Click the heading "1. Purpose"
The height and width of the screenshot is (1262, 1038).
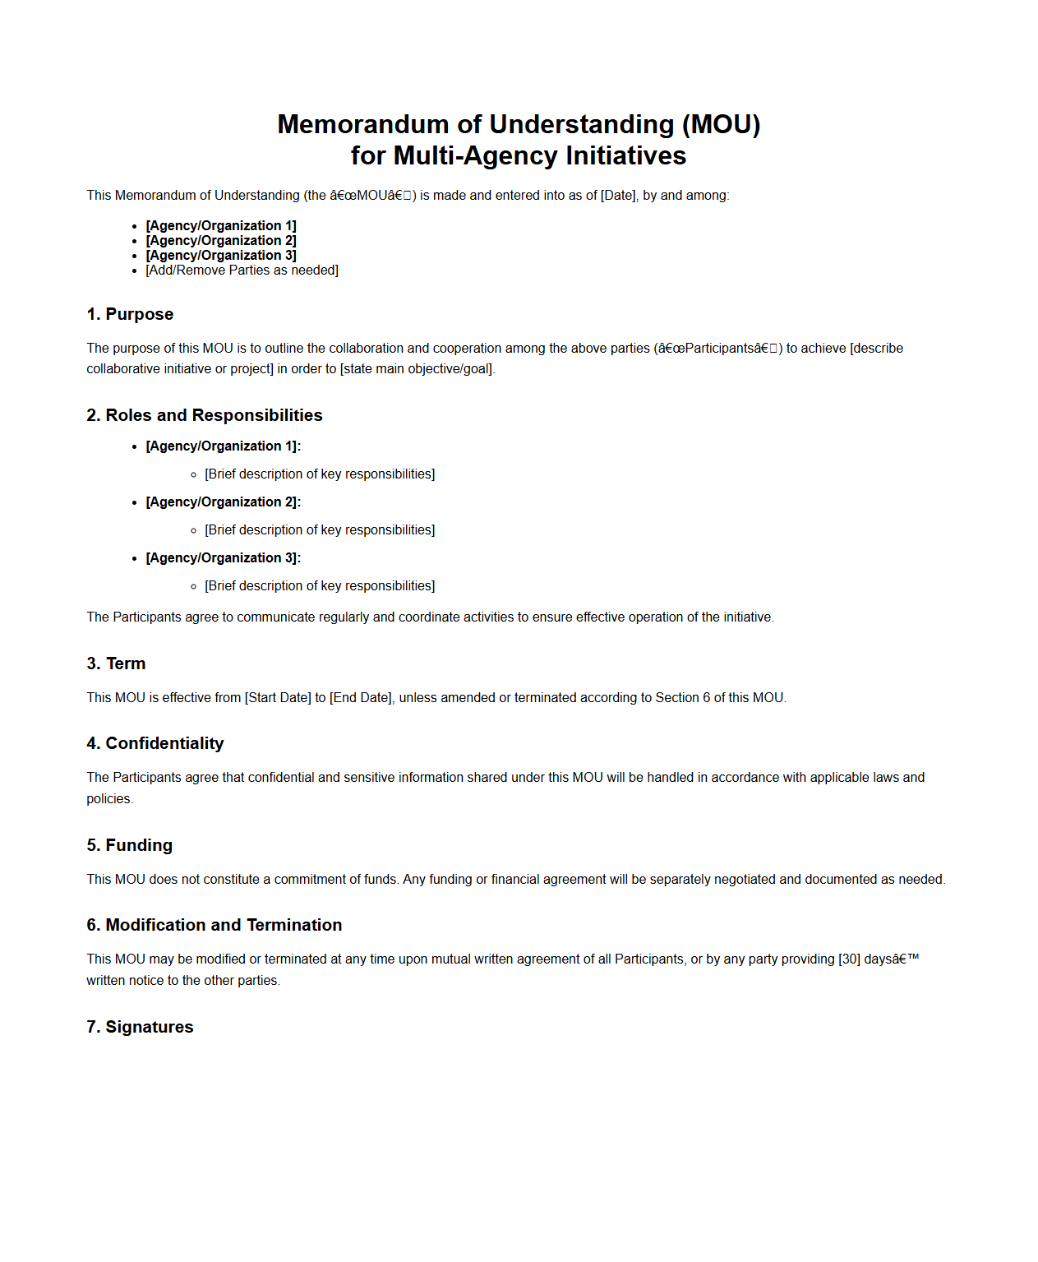tap(130, 314)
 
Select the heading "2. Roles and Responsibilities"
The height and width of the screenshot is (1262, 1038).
tap(204, 415)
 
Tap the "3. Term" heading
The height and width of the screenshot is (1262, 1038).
tap(116, 663)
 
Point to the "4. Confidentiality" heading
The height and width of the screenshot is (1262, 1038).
tap(155, 743)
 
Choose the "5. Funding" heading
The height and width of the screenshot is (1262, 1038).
tap(129, 845)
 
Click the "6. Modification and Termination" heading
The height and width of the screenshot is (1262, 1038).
tap(214, 925)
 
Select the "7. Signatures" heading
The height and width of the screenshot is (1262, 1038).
tap(140, 1027)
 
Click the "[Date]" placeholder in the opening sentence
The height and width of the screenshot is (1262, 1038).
tap(618, 196)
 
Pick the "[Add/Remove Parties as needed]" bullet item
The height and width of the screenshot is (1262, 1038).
tap(242, 270)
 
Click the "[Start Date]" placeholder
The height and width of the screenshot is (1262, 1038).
tap(278, 698)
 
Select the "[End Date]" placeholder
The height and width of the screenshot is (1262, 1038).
tap(361, 698)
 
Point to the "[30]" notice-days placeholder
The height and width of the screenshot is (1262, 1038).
tap(849, 959)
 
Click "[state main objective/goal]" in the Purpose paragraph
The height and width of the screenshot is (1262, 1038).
tap(417, 369)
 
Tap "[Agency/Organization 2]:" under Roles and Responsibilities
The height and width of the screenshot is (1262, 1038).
tap(223, 502)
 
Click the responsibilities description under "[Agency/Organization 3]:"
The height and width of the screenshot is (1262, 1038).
tap(320, 586)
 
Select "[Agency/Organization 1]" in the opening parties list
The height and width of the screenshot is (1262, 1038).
tap(220, 226)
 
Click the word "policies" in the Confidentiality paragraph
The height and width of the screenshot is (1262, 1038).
tap(108, 799)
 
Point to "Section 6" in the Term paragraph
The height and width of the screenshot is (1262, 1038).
tap(676, 698)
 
